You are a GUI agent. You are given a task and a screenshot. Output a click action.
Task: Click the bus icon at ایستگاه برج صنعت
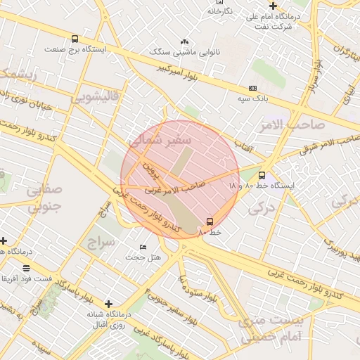[x=75, y=39]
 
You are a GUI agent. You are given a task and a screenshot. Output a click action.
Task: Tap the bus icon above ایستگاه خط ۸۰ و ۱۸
[x=262, y=175]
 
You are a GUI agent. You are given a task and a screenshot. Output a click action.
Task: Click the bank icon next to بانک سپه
[x=252, y=89]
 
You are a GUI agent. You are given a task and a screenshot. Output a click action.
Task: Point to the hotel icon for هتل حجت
[x=143, y=247]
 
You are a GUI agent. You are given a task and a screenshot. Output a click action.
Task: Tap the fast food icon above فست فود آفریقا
[x=27, y=268]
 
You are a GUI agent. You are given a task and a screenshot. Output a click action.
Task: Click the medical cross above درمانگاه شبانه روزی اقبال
[x=108, y=304]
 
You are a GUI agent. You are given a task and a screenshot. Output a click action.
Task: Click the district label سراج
[x=101, y=243]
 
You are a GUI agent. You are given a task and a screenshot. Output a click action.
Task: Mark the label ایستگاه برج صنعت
[x=75, y=50]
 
